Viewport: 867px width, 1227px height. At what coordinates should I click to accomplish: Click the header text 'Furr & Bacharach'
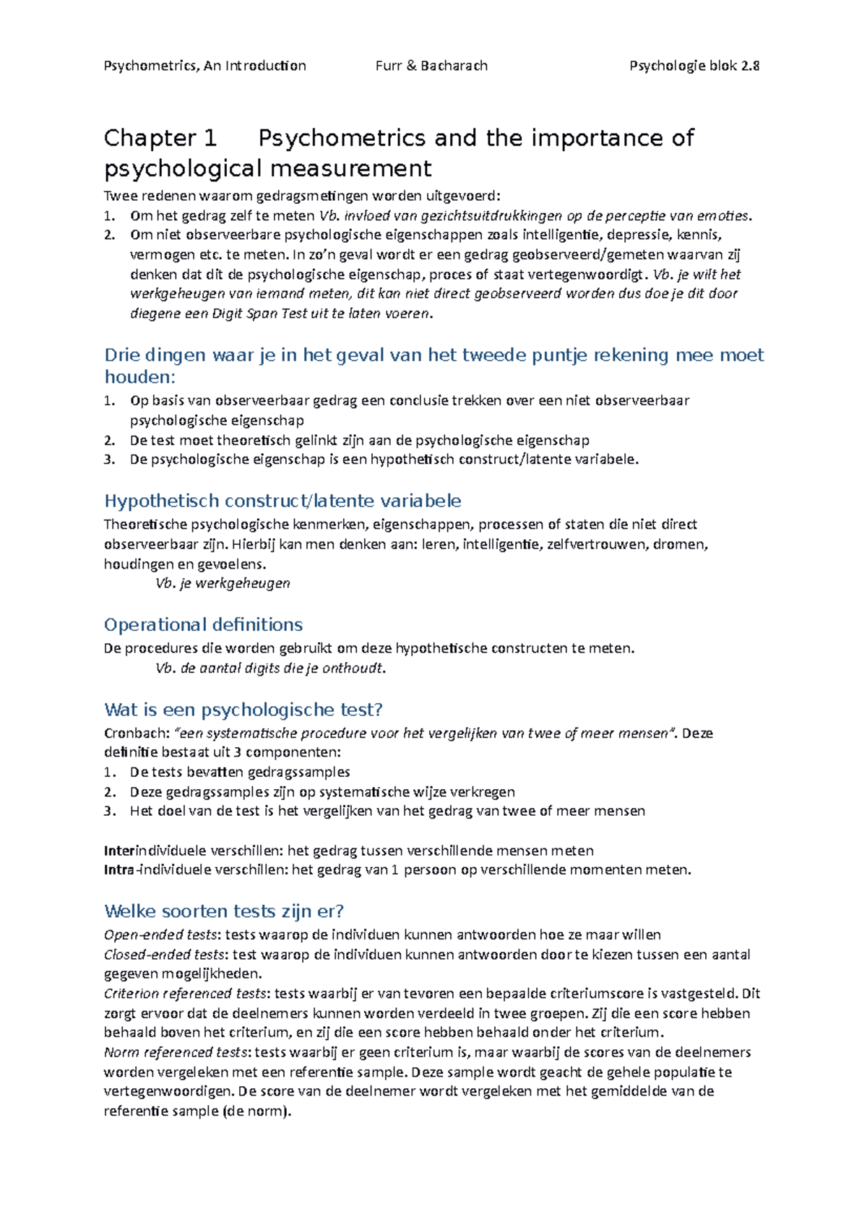coord(431,66)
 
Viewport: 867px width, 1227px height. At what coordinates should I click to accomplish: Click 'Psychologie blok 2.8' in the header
coord(694,66)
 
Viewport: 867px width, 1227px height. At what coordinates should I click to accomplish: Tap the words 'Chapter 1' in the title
coord(160,138)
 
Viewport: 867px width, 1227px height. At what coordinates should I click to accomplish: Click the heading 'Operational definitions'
coord(203,624)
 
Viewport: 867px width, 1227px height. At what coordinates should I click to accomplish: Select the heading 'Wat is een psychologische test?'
coord(243,710)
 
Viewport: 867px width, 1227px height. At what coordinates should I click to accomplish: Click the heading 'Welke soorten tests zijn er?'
coord(223,910)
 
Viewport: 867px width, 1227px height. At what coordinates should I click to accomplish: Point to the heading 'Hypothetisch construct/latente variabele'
coord(282,501)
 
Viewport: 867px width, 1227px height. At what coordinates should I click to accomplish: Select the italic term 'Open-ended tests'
coord(160,934)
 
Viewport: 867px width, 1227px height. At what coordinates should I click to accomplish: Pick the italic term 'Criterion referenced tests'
coord(186,994)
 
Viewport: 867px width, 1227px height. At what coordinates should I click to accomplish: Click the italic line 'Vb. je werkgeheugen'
coord(223,583)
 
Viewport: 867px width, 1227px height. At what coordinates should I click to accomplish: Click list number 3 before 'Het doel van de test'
coord(109,811)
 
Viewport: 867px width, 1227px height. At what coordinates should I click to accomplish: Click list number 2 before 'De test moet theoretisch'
coord(109,440)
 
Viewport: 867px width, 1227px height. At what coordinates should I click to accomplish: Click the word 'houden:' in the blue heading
coord(139,376)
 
